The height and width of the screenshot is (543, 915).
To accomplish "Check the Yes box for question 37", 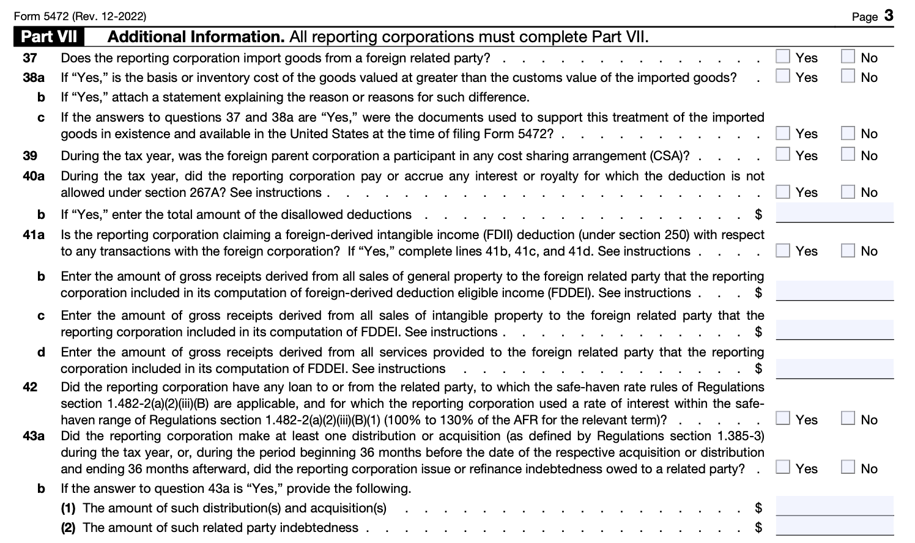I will [783, 57].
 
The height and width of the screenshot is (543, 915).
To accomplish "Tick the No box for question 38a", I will [848, 76].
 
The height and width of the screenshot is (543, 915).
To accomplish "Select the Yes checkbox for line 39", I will [783, 155].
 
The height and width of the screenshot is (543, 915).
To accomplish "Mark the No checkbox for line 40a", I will [848, 191].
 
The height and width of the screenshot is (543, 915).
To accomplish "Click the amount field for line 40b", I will [834, 213].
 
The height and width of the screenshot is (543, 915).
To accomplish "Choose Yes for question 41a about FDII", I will [783, 250].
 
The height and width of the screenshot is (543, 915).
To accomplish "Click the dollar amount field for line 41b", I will [834, 291].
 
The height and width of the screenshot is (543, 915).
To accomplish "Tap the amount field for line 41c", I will [834, 330].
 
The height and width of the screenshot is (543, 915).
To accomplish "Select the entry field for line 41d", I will [834, 369].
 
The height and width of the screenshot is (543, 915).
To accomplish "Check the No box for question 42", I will [848, 419].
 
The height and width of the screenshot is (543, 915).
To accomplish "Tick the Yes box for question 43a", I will [783, 468].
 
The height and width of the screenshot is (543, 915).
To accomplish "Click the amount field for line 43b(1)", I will [834, 507].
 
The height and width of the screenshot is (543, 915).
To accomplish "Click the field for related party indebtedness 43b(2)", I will [834, 526].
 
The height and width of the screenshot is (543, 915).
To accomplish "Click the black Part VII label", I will [50, 37].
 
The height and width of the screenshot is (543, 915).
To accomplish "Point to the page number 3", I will [889, 15].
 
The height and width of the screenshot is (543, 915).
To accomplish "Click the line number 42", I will [30, 387].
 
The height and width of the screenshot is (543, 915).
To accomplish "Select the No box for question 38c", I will [848, 133].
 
